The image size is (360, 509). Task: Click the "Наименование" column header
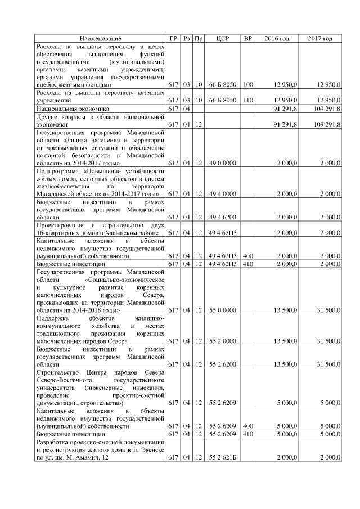click(x=100, y=38)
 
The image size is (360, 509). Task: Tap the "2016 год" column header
click(x=277, y=38)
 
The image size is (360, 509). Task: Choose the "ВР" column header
click(x=247, y=38)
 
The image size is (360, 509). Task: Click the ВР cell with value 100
click(x=247, y=85)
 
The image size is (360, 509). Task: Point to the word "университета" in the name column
click(x=55, y=388)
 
